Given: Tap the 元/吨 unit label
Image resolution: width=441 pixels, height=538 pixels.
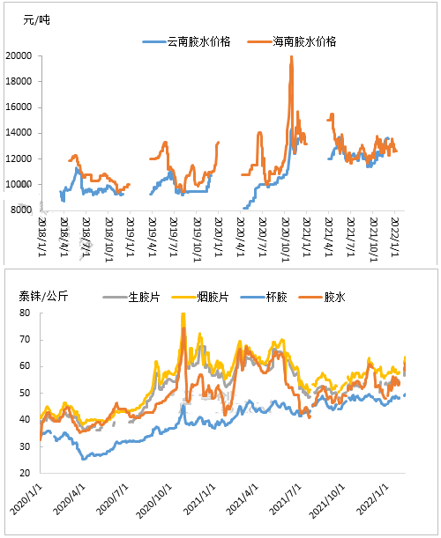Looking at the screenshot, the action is click(x=36, y=20).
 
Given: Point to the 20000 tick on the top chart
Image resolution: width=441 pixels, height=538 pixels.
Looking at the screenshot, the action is click(x=19, y=55).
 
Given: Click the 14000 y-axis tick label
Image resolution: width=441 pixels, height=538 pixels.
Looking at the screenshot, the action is click(x=19, y=133).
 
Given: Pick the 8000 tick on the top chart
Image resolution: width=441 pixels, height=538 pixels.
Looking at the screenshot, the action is click(x=21, y=210).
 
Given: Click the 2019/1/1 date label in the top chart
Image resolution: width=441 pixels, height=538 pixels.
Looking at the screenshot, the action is click(x=131, y=237).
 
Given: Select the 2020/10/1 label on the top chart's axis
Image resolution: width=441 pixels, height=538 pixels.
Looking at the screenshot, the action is click(x=285, y=240).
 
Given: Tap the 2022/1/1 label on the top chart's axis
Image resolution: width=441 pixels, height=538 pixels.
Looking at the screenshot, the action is click(x=394, y=237).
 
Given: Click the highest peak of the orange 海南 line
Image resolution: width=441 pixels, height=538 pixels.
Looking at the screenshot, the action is click(x=291, y=56).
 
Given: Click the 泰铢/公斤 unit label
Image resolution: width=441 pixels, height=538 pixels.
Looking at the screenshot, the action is click(x=43, y=296).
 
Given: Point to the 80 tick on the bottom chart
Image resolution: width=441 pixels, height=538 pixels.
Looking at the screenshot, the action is click(x=25, y=313).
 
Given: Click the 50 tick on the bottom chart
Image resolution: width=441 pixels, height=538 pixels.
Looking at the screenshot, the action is click(x=25, y=393).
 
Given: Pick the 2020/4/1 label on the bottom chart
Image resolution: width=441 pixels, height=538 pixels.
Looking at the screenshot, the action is click(x=69, y=499).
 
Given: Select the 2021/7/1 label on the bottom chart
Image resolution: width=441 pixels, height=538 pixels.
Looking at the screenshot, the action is click(x=285, y=499).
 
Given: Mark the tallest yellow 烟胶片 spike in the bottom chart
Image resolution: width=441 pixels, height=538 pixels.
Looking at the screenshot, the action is click(x=183, y=314).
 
